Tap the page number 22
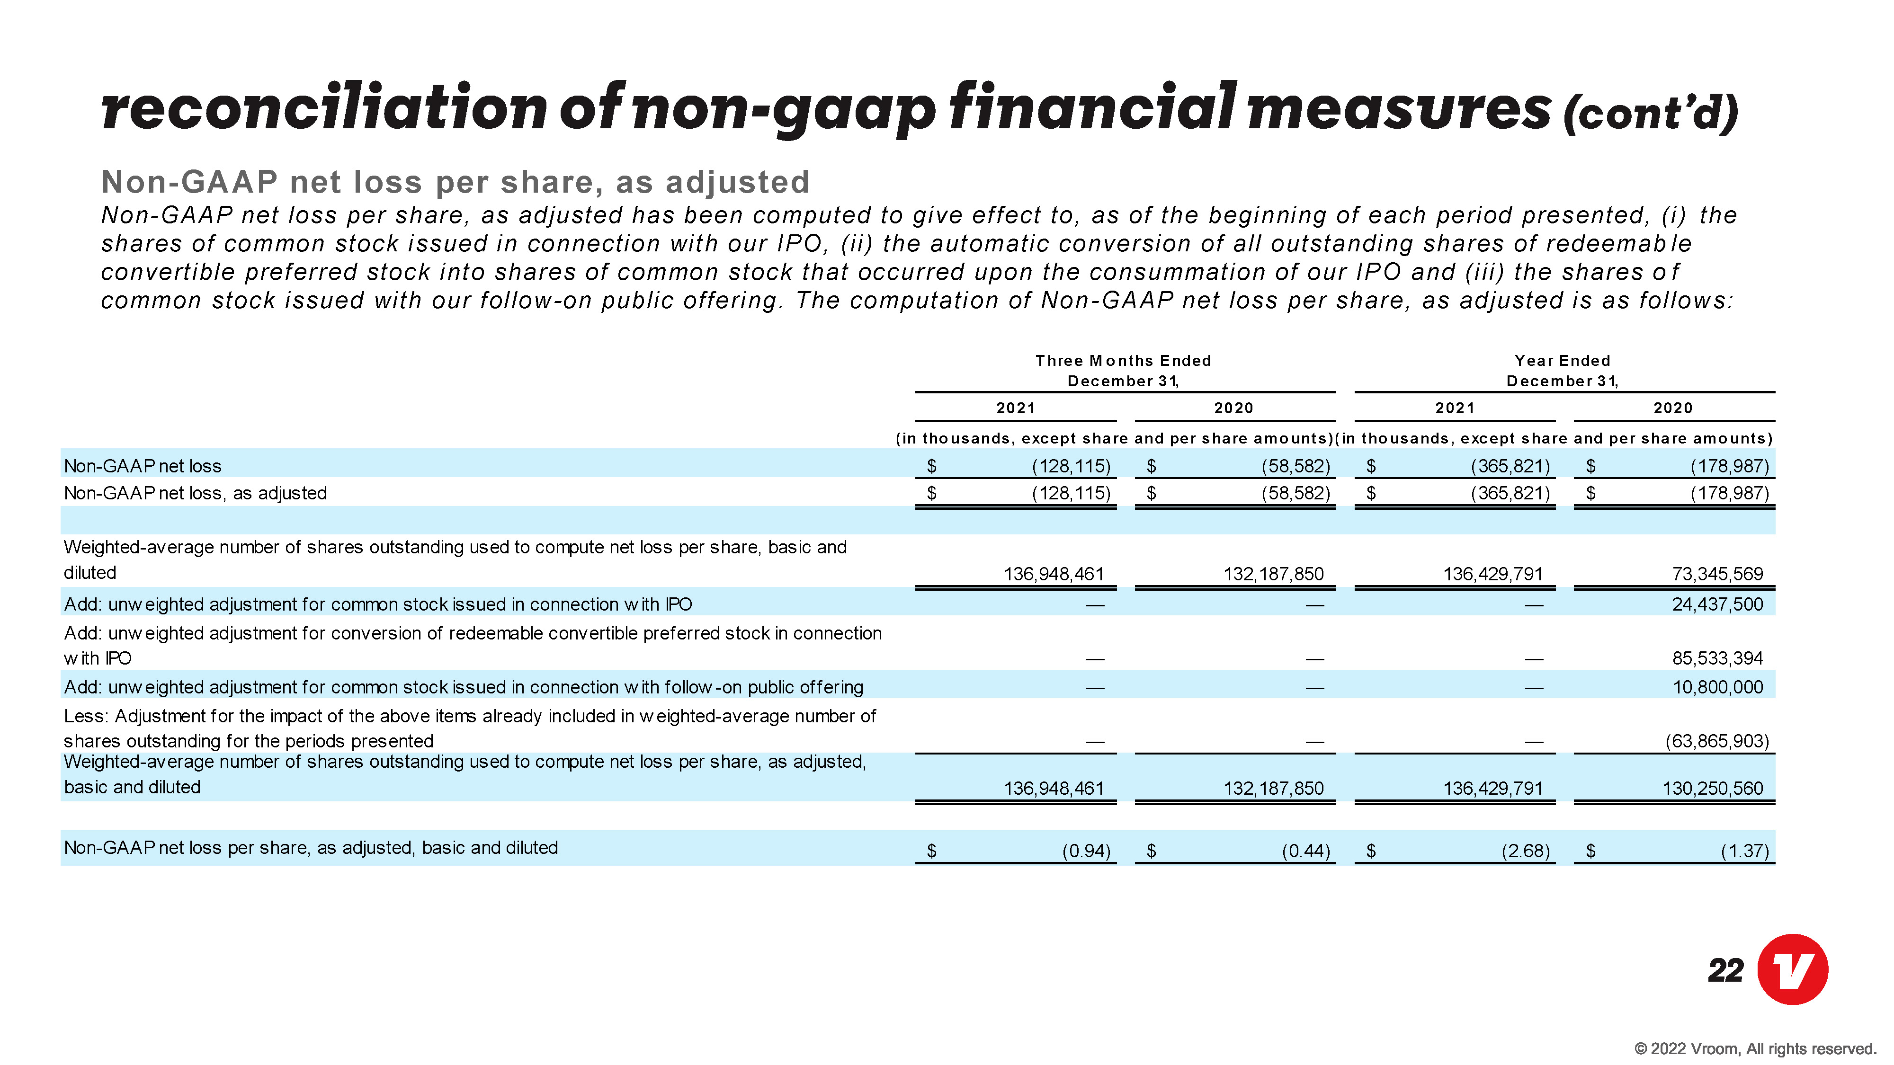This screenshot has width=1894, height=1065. [x=1725, y=971]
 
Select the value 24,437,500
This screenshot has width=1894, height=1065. [x=1717, y=604]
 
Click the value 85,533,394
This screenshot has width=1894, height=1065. [x=1717, y=658]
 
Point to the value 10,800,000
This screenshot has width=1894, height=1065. [x=1717, y=687]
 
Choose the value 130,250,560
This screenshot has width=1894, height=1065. [x=1713, y=789]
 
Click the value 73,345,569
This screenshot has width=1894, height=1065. [x=1717, y=574]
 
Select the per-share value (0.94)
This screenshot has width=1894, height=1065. [x=1086, y=851]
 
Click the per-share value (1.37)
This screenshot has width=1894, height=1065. [x=1745, y=851]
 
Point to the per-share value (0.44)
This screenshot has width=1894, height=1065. [x=1306, y=851]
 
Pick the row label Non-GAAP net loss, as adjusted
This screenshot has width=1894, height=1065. [x=196, y=493]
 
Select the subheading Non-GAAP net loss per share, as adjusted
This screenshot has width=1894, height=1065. [x=455, y=182]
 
